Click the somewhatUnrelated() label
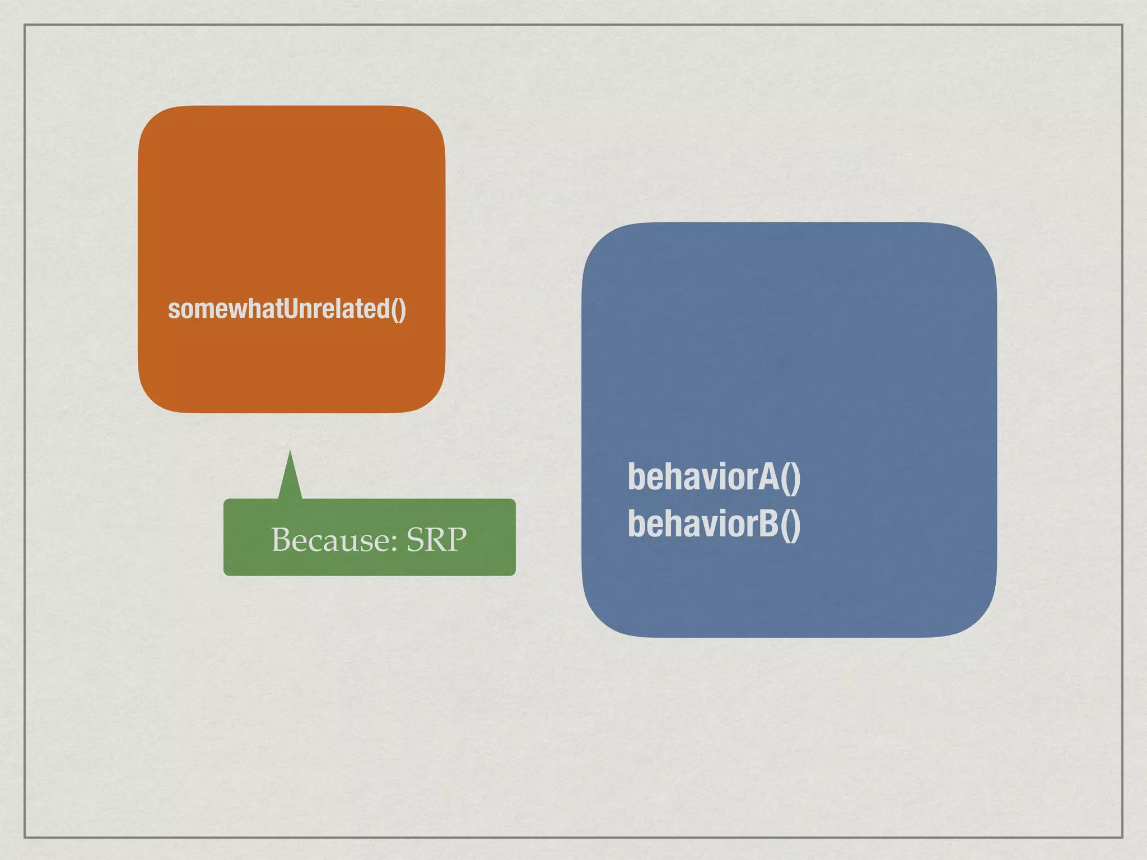coord(287,309)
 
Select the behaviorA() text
coord(714,477)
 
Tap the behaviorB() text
coord(714,524)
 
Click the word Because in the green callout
coord(330,540)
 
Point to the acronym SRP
coord(436,540)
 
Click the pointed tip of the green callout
coord(290,452)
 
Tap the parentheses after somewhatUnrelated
coord(398,310)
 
